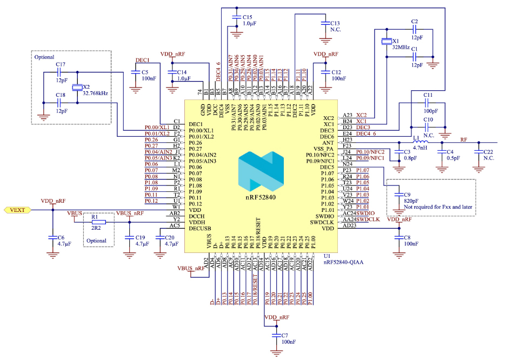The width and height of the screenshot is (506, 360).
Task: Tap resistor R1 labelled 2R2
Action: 98,222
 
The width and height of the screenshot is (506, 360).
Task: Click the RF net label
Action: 463,139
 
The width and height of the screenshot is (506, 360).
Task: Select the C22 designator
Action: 488,152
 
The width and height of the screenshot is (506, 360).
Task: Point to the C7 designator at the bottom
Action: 285,336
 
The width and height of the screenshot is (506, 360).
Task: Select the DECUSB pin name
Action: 199,228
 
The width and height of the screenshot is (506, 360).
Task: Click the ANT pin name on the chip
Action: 329,142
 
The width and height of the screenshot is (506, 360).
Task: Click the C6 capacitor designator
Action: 61,237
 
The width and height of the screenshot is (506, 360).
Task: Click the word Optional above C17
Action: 44,57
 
